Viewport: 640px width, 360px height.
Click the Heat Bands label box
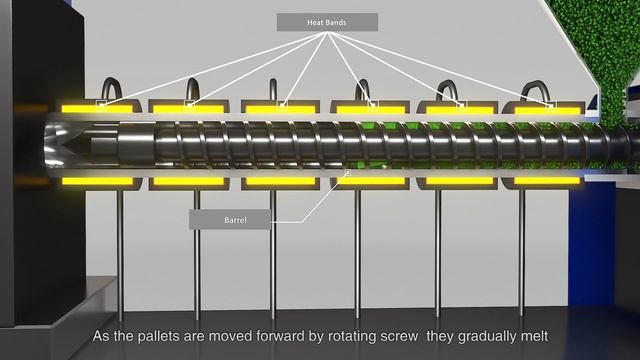[x=327, y=21]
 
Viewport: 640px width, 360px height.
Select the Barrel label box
[x=228, y=219]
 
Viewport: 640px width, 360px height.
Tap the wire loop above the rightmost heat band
[x=540, y=87]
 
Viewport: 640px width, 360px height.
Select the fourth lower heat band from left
[x=371, y=181]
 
